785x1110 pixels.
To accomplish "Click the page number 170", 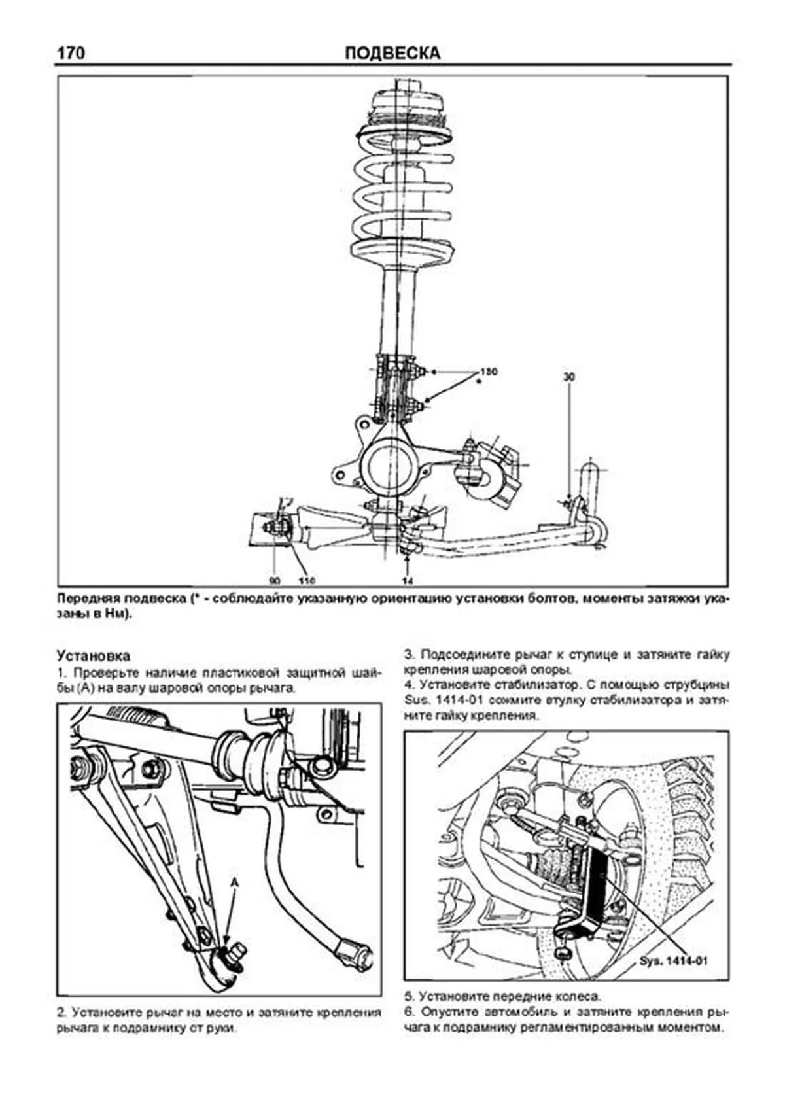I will point(71,52).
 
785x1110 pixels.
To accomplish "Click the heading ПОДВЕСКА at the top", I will point(392,53).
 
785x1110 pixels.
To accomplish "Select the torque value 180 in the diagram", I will point(488,372).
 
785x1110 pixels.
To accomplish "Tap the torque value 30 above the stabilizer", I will point(568,377).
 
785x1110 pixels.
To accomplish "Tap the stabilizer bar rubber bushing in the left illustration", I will point(252,753).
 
